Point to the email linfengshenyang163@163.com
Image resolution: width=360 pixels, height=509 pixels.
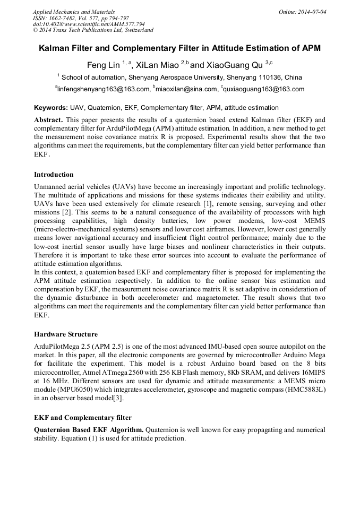click(x=103, y=89)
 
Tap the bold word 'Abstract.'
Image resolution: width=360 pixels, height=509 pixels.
click(x=49, y=120)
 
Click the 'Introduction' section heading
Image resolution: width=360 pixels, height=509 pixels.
click(x=54, y=175)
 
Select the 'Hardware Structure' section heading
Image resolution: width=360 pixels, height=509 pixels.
click(x=66, y=334)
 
